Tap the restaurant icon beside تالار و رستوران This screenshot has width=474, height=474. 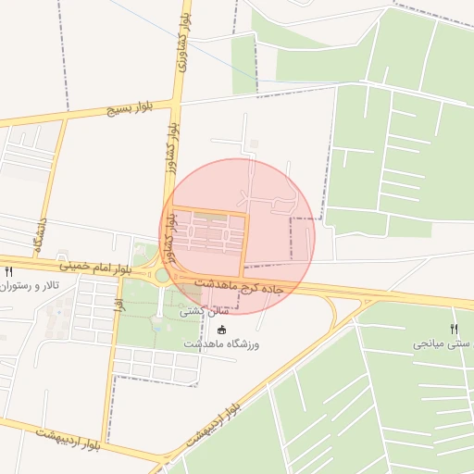pos(8,272)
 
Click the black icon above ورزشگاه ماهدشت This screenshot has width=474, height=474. pos(220,330)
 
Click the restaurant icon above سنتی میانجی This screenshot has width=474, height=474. pos(454,329)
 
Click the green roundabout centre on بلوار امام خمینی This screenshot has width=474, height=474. pos(162,275)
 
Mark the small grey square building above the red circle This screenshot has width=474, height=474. pos(254,143)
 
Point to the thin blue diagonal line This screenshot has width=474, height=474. pos(185,46)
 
